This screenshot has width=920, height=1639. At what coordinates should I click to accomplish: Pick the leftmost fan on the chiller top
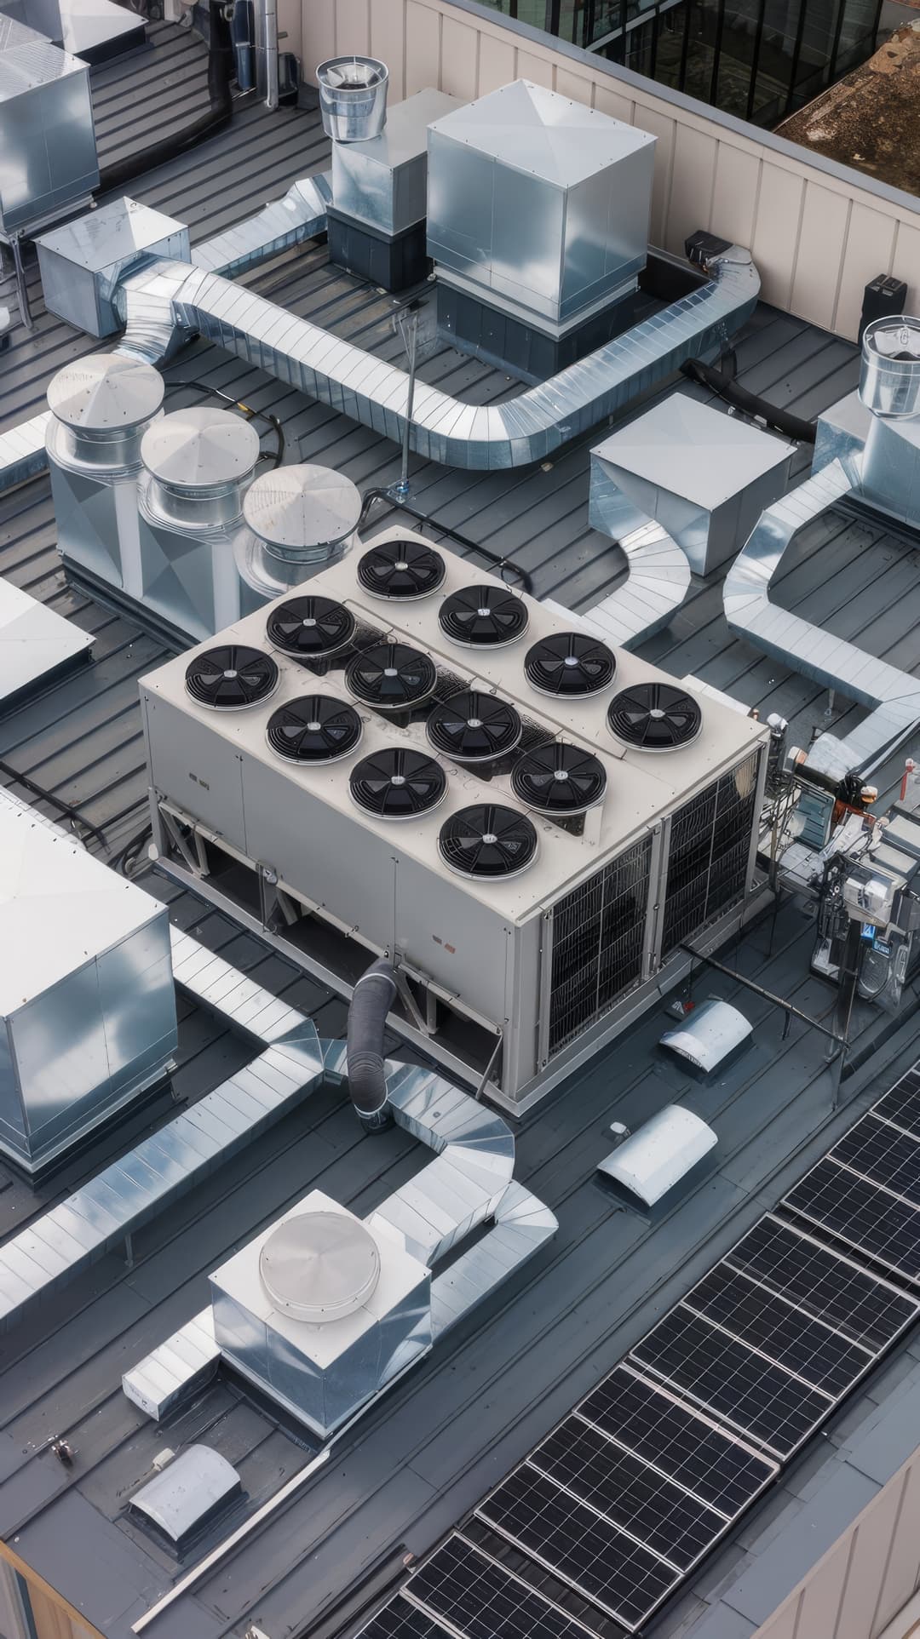232,677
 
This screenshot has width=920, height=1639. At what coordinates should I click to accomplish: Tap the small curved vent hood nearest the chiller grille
707,1034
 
